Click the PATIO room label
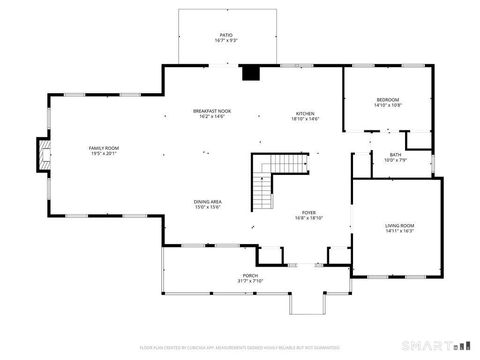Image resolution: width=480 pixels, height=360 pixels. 226,35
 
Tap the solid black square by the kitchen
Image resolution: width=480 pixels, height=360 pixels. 251,72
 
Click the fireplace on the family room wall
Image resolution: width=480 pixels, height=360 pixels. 41,153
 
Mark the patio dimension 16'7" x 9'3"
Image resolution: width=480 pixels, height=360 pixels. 226,41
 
